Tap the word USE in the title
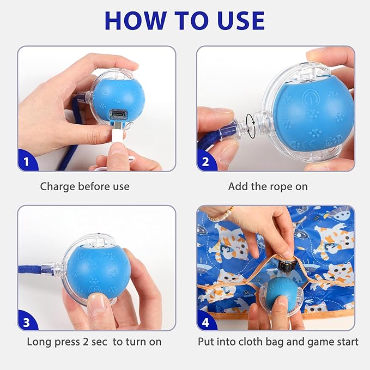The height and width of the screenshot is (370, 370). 238,20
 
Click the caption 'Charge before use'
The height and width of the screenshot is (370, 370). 84,186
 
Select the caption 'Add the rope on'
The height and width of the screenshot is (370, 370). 268,186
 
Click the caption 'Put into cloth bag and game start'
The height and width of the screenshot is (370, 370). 278,342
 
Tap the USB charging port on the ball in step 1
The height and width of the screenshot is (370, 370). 117,115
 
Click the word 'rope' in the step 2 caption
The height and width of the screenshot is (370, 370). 281,187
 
